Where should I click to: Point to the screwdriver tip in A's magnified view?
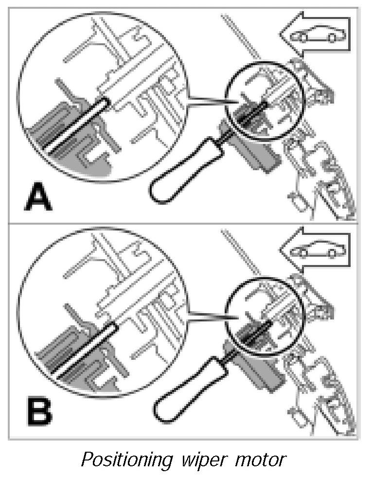pos(105,102)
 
